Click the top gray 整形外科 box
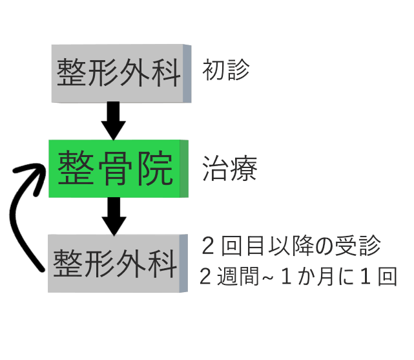[x=121, y=74]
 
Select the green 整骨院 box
[x=118, y=169]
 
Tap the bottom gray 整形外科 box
[x=118, y=263]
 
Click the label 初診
[x=226, y=69]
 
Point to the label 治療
[x=229, y=168]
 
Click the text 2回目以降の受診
[x=291, y=246]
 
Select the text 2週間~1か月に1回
[x=298, y=276]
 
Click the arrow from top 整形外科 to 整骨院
[x=114, y=121]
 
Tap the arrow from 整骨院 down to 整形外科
[x=114, y=217]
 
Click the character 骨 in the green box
[x=115, y=168]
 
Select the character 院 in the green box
[x=156, y=168]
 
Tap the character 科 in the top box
[x=166, y=72]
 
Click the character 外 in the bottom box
[x=131, y=263]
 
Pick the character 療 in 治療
[x=243, y=168]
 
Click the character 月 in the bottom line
[x=326, y=276]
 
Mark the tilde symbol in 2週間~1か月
[x=267, y=278]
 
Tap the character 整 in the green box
[x=76, y=167]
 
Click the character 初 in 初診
[x=214, y=69]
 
